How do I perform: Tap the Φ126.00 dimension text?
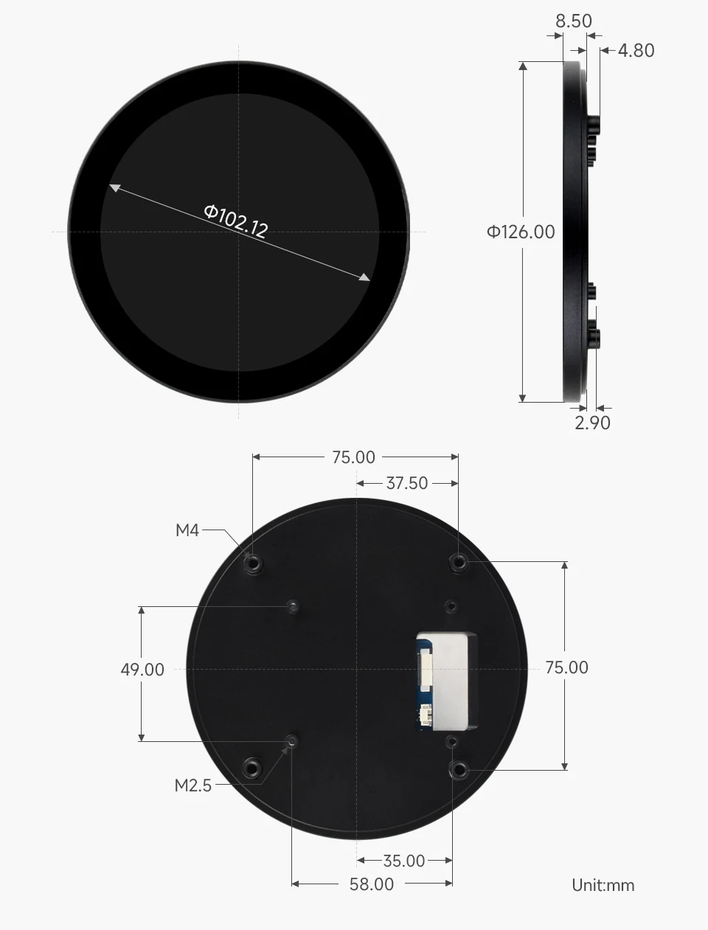point(521,232)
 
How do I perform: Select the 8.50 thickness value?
point(574,21)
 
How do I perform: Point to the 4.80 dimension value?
point(636,50)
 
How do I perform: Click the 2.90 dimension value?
point(593,423)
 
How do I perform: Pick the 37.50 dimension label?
point(406,483)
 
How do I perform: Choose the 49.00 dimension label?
point(142,670)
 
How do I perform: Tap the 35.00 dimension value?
point(404,861)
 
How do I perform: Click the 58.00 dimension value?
point(372,884)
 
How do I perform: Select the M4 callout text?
point(187,530)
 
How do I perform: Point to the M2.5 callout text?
point(192,785)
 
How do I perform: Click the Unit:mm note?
point(603,885)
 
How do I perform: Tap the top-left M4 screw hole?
point(253,563)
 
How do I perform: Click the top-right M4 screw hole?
point(459,562)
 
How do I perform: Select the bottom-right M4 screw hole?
point(459,771)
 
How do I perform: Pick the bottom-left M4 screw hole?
point(253,768)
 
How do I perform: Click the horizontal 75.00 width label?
point(353,457)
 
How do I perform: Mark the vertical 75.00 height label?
point(567,667)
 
